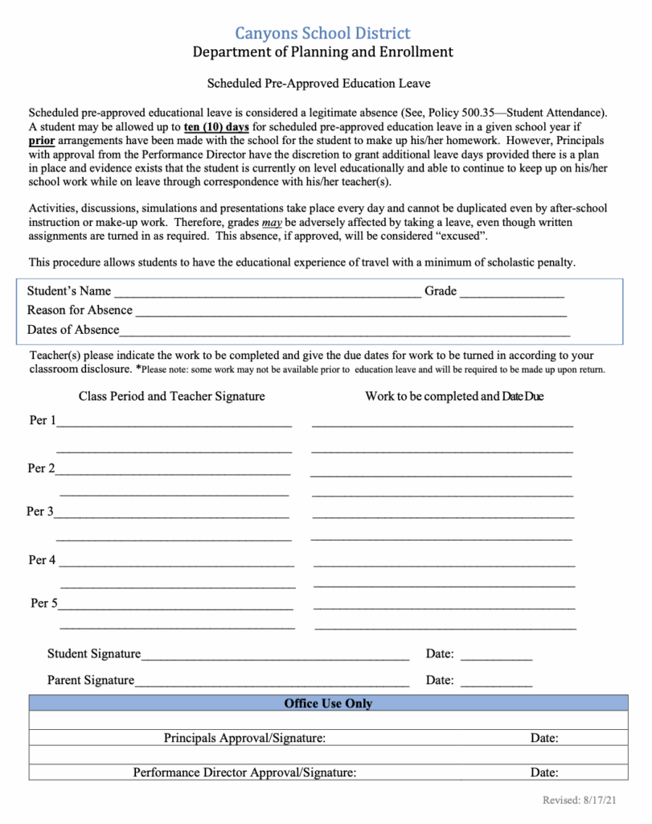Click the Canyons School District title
coord(322,33)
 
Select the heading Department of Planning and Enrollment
coord(322,53)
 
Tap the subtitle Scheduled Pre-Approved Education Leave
coord(318,83)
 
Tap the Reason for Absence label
coord(80,311)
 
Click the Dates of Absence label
coord(72,330)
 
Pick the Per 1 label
coord(42,421)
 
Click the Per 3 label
coord(40,512)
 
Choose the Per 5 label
coord(43,603)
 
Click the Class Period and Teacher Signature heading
coord(171,397)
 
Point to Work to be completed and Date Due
coord(454,397)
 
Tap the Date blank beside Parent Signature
coord(496,682)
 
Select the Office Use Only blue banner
coord(328,703)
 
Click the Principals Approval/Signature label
coord(244,738)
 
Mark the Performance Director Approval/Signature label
coord(244,772)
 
